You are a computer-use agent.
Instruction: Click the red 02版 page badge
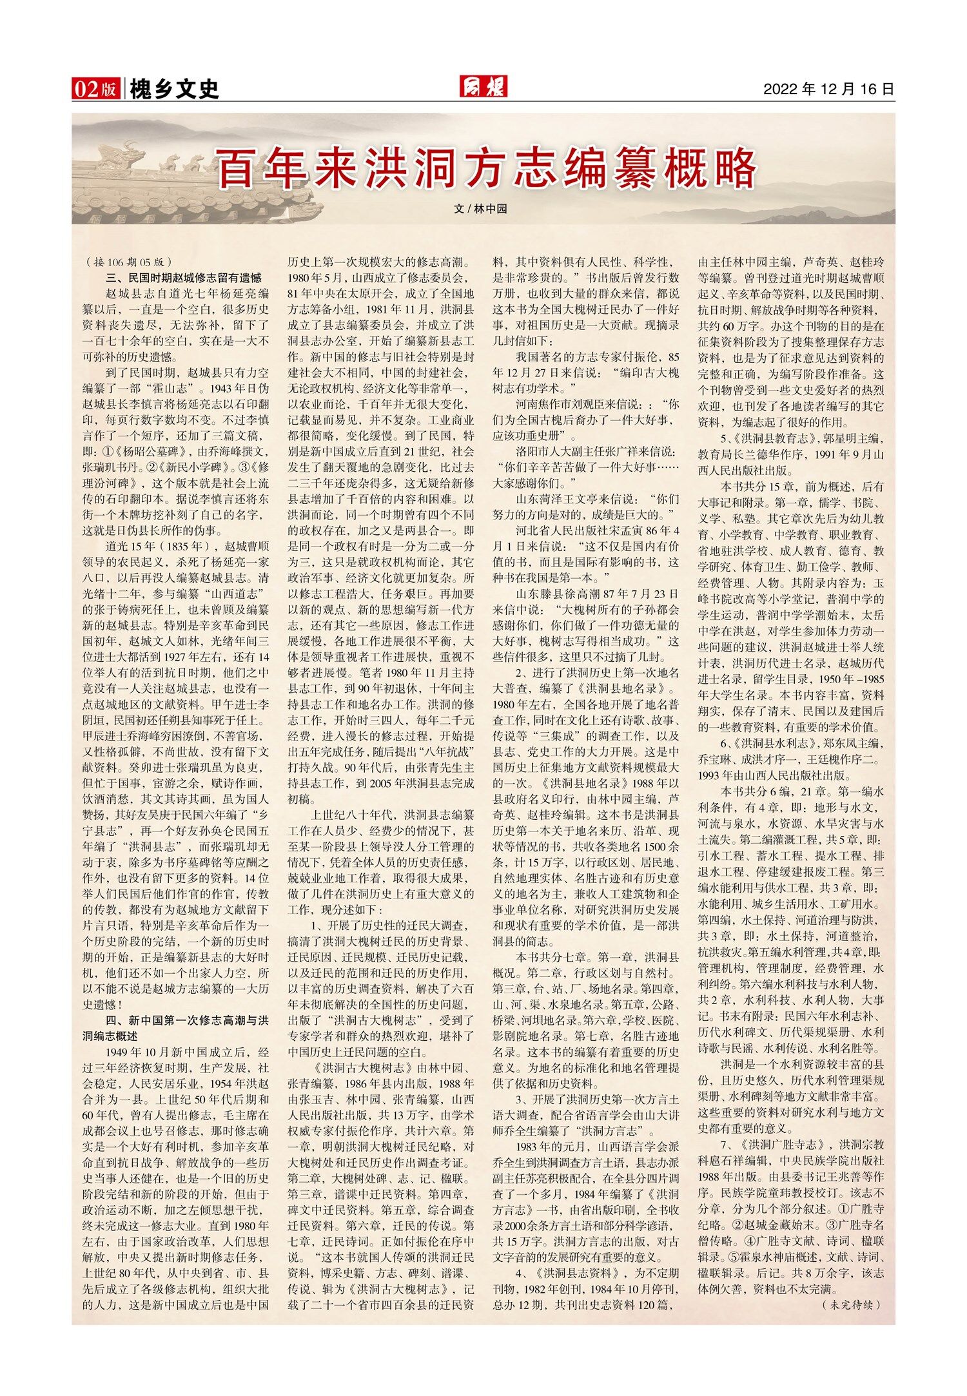click(x=95, y=88)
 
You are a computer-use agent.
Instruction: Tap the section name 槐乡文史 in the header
click(x=174, y=89)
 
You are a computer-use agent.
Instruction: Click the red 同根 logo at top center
click(x=483, y=86)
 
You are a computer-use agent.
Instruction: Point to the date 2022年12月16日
click(x=829, y=89)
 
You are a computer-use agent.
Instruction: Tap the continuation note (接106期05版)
click(x=128, y=262)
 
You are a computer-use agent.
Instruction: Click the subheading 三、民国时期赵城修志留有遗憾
click(x=184, y=278)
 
